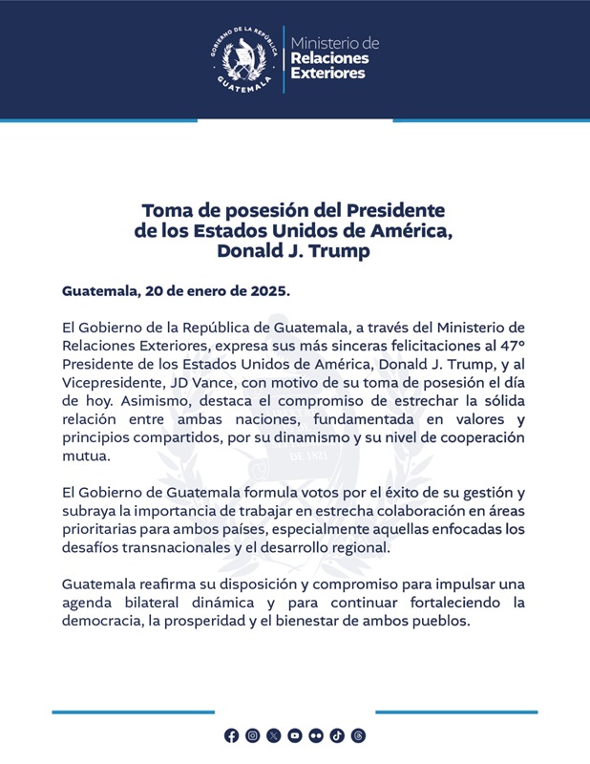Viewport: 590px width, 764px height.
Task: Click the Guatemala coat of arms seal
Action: click(x=242, y=59)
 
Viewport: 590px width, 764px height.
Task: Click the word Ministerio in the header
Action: click(x=334, y=44)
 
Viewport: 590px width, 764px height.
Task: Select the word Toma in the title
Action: click(x=164, y=209)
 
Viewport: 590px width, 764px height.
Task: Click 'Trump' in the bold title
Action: click(x=343, y=251)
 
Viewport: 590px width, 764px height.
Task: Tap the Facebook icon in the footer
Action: click(x=232, y=735)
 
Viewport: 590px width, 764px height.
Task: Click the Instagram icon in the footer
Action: click(x=253, y=735)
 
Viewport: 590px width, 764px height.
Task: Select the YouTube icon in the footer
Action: click(x=295, y=735)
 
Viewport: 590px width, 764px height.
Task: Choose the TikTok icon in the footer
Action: click(x=337, y=735)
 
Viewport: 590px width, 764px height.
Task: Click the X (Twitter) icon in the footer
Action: click(x=274, y=735)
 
